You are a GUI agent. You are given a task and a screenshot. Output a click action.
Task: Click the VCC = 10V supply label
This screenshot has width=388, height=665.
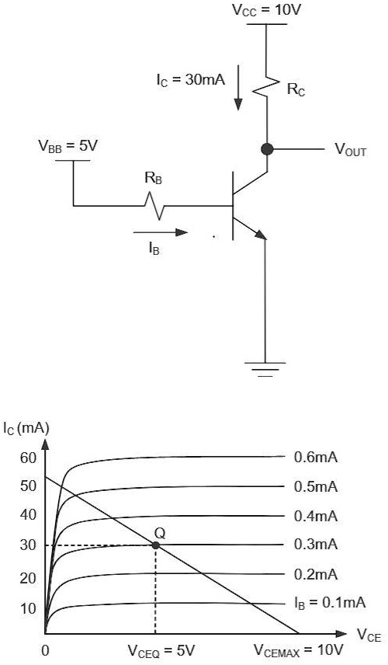click(266, 11)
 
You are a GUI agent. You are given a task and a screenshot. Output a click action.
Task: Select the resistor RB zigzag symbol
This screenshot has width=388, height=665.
click(160, 206)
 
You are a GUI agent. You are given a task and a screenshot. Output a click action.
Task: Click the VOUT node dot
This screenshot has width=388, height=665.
click(266, 149)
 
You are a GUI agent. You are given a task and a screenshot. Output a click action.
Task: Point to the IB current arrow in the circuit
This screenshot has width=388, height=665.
click(160, 232)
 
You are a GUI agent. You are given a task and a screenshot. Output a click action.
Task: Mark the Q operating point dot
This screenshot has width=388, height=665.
click(156, 545)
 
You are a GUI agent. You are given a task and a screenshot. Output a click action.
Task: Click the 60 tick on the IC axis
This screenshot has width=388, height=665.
click(29, 457)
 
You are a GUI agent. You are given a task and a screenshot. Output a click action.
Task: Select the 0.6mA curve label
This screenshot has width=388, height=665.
click(316, 457)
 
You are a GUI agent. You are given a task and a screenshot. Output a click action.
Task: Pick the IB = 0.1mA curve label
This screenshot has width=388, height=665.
click(330, 602)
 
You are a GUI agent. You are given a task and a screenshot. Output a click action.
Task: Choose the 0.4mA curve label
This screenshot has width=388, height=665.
click(316, 516)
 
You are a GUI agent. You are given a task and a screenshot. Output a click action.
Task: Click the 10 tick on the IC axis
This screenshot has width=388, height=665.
click(29, 608)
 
